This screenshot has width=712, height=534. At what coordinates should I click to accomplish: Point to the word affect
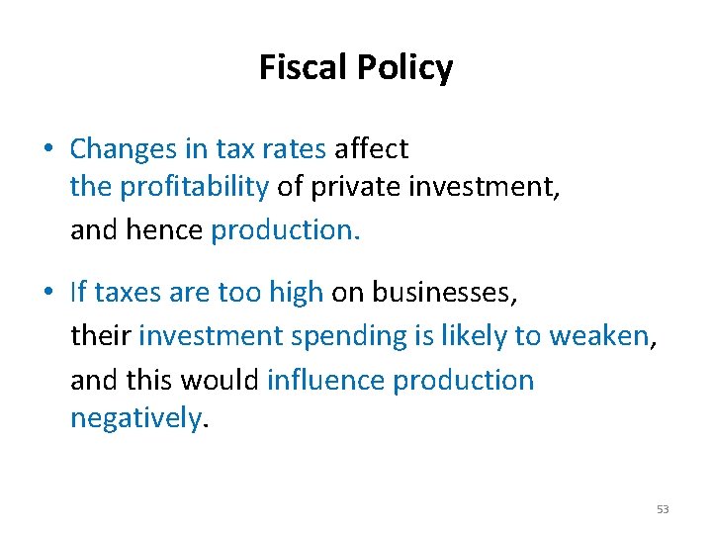371,149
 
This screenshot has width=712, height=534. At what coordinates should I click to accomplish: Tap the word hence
166,229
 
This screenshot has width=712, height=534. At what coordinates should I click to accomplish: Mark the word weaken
598,336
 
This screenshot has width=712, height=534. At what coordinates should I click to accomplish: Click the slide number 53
662,509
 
